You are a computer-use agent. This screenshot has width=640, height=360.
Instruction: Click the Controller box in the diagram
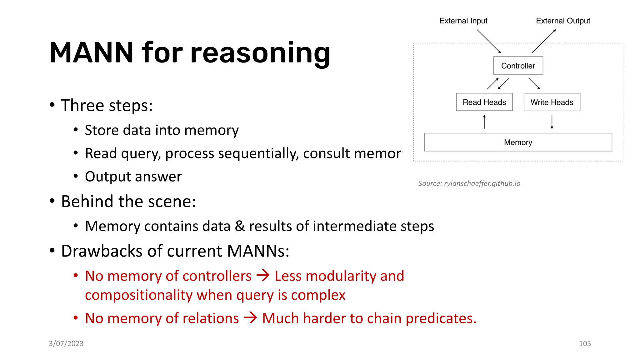[518, 66]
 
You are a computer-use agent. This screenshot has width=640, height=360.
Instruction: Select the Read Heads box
[484, 102]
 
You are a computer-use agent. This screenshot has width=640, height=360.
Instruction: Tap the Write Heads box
[552, 102]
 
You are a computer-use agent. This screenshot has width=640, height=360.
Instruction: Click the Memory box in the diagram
[518, 142]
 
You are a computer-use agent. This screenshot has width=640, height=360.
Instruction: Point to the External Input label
[463, 21]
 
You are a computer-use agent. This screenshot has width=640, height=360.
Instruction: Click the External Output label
[563, 21]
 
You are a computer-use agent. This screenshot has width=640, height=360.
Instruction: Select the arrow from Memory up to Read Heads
[484, 122]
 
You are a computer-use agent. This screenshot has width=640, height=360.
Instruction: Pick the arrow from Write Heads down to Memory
[552, 122]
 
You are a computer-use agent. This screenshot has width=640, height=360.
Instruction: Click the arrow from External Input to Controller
[489, 41]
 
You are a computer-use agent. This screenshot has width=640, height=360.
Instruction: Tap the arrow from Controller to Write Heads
[534, 83]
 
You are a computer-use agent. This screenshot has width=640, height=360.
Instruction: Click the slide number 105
[585, 343]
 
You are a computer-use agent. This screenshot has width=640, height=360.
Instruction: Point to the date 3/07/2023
[66, 343]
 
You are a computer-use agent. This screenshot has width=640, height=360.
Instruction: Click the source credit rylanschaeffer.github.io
[482, 183]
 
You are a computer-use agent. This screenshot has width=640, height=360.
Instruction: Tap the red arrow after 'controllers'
[263, 275]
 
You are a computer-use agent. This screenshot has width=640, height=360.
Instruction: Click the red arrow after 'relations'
[250, 318]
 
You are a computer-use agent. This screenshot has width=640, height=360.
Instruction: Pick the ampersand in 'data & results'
[240, 226]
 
